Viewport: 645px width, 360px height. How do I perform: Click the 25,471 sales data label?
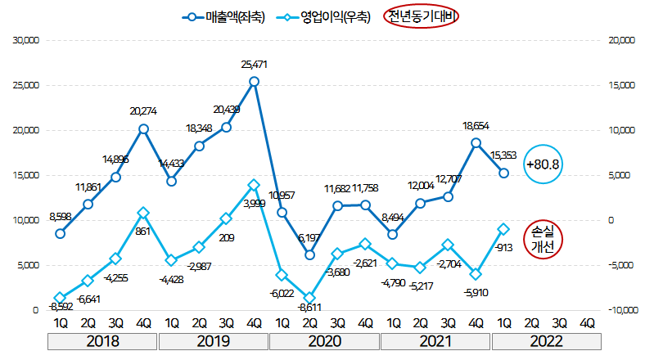click(x=255, y=64)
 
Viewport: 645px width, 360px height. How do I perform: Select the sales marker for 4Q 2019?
click(x=255, y=81)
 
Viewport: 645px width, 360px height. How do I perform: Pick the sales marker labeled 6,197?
click(x=310, y=254)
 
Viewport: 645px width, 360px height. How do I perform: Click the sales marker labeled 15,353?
click(x=504, y=173)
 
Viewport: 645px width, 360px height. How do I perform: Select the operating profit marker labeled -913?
click(x=504, y=229)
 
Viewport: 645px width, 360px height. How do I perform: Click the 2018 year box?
click(x=101, y=340)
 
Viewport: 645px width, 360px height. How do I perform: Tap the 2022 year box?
click(x=546, y=340)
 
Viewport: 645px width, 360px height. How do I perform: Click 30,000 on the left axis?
click(x=25, y=40)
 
